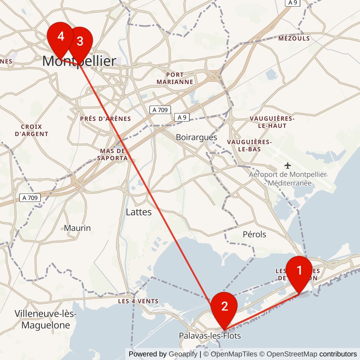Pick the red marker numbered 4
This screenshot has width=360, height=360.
click(61, 36)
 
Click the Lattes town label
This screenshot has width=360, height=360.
click(139, 212)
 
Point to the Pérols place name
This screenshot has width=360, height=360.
click(254, 234)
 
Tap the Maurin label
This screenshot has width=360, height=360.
click(77, 228)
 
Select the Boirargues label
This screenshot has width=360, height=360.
click(196, 137)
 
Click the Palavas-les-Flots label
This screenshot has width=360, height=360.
click(210, 336)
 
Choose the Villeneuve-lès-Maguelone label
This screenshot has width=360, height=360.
click(46, 319)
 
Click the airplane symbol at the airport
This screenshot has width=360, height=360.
click(288, 166)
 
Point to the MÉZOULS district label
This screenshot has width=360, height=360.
click(294, 38)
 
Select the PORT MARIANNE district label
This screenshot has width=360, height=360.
click(175, 78)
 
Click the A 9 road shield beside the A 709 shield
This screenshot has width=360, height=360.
click(182, 118)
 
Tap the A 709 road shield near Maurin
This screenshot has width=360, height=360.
click(30, 198)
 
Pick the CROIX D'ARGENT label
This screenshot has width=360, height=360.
click(31, 130)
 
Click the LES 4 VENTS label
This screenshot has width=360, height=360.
click(138, 301)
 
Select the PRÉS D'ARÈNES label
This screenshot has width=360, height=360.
click(106, 119)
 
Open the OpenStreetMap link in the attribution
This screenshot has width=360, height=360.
click(292, 354)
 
